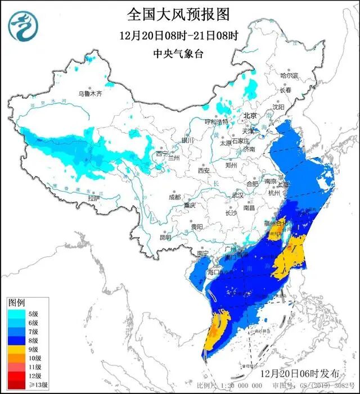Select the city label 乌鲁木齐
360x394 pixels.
[91, 94]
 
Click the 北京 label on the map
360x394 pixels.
[249, 115]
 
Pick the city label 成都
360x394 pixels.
[174, 197]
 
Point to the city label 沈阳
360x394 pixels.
[278, 106]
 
